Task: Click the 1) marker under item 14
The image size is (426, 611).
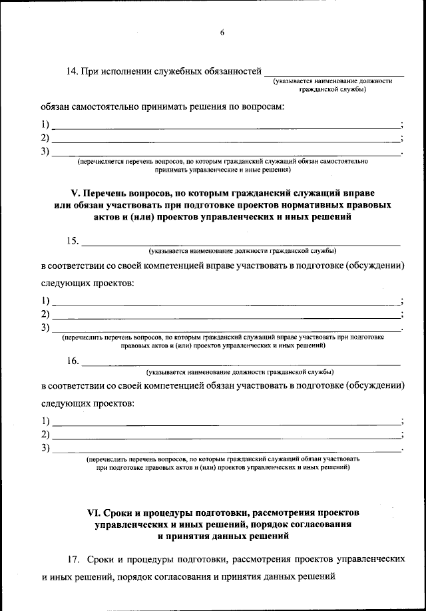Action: tap(45, 125)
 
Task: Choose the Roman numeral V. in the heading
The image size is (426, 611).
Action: tap(75, 192)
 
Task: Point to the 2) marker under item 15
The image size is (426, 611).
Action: tap(45, 314)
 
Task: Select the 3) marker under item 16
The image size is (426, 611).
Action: tap(45, 448)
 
